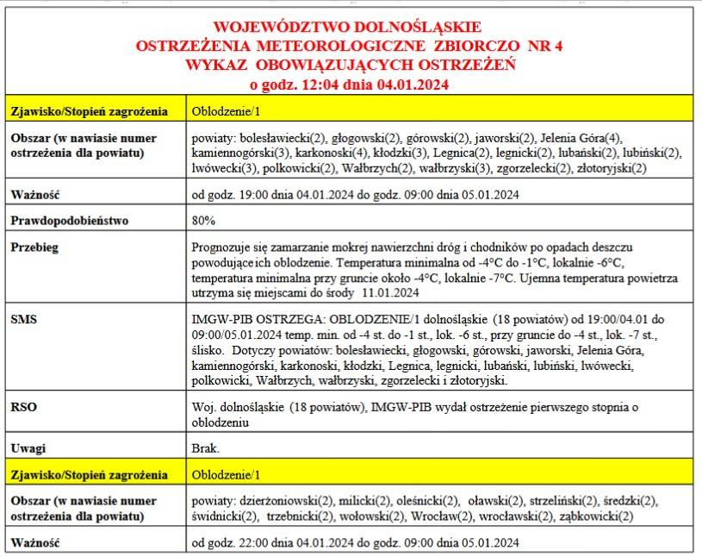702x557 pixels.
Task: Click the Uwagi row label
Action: coord(28,448)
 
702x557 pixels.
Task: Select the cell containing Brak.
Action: coord(206,448)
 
